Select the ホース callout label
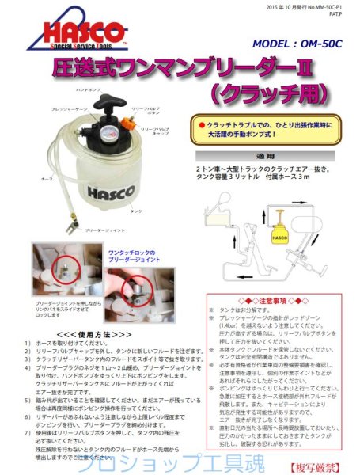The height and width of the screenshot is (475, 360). [26, 178]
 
